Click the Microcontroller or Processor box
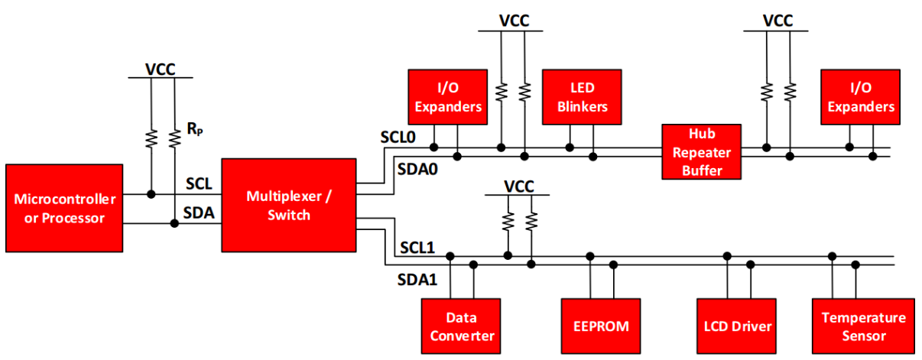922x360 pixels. pos(64,208)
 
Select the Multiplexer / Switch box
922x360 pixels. pos(288,205)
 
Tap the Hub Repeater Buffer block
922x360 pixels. pos(702,151)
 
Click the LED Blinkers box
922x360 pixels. pos(582,97)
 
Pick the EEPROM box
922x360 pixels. pos(601,326)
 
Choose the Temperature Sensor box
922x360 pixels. pos(863,326)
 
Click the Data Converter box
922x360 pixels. pos(459,326)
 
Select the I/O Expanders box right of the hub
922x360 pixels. pos(860,97)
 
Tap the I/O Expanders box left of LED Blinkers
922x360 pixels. pos(448,97)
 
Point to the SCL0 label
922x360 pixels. pos(399,138)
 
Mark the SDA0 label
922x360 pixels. pos(417,167)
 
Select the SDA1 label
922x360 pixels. pos(417,280)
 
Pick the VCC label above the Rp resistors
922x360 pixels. pos(161,70)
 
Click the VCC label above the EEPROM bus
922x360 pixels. pos(519,186)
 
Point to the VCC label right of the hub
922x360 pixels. pos(778,21)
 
